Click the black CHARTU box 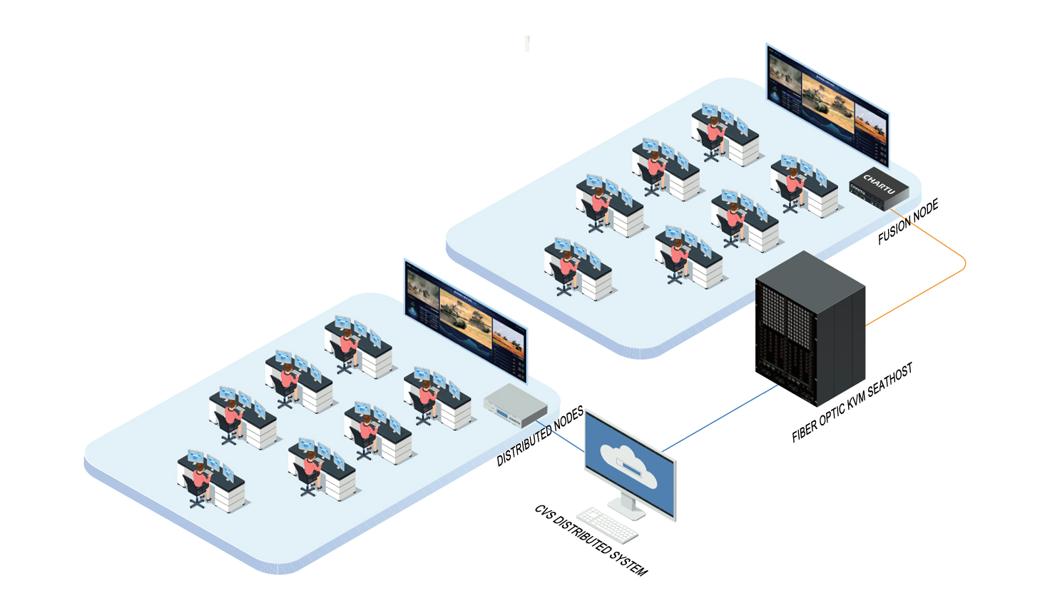(879, 189)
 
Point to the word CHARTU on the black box (879, 183)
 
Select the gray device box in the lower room (515, 406)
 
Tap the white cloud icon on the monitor (628, 465)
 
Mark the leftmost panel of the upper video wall (784, 79)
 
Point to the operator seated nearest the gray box (427, 399)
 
